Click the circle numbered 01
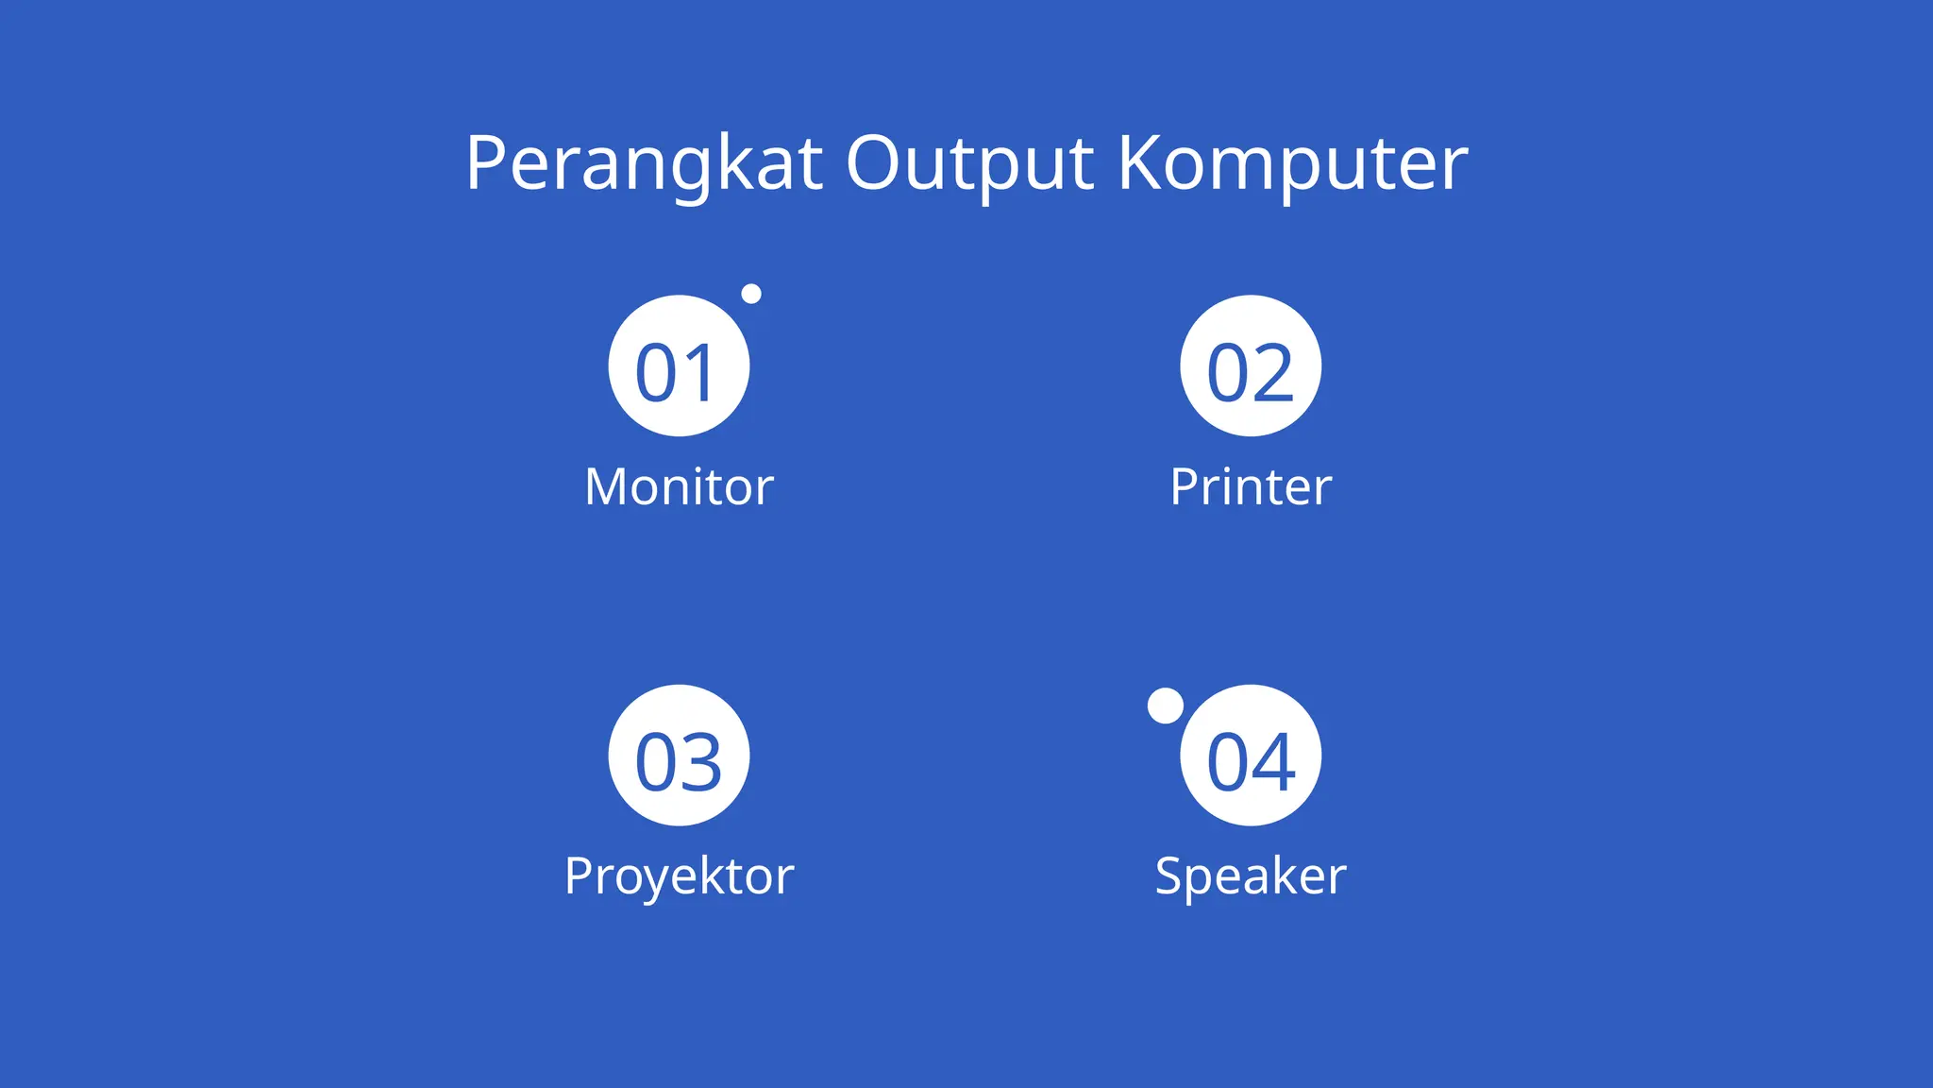[x=679, y=365]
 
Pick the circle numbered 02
[x=1251, y=365]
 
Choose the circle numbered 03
[x=679, y=756]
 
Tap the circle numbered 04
[x=1251, y=756]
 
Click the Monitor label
[x=679, y=487]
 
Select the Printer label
[x=1251, y=487]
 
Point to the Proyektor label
[x=679, y=876]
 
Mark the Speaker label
[x=1251, y=876]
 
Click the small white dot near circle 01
[x=751, y=294]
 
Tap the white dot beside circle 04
[x=1166, y=705]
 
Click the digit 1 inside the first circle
[x=700, y=373]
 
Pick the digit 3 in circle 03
[x=701, y=762]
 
